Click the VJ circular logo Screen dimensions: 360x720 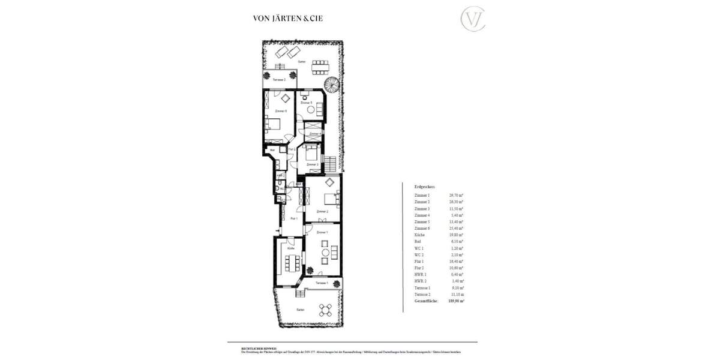click(x=472, y=19)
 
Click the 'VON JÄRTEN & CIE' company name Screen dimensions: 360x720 click(x=288, y=19)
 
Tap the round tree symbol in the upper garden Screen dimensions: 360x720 click(x=329, y=83)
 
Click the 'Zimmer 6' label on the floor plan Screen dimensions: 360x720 click(x=280, y=111)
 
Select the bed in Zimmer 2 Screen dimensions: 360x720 click(x=331, y=198)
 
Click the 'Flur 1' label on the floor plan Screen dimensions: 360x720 click(x=294, y=219)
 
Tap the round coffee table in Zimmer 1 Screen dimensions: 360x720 click(x=325, y=253)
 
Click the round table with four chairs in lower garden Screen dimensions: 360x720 click(x=325, y=310)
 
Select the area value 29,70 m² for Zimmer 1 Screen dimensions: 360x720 click(x=457, y=196)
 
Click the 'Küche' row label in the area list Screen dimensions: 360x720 click(x=420, y=235)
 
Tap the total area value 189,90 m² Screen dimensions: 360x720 click(x=457, y=300)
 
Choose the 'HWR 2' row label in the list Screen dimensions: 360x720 click(x=421, y=280)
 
